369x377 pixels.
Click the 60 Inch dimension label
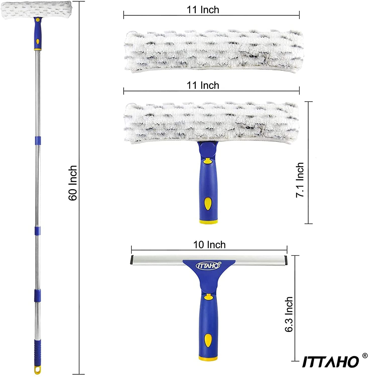tap(73, 183)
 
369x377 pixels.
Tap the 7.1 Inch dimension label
tap(300, 180)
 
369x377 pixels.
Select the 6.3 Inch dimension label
tap(289, 314)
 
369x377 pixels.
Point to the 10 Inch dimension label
tap(209, 245)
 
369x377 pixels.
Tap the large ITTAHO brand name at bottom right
tap(331, 361)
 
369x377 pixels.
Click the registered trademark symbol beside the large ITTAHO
tap(365, 356)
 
